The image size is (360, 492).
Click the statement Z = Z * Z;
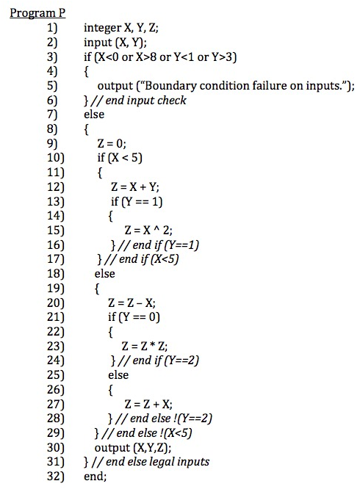click(x=145, y=344)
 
